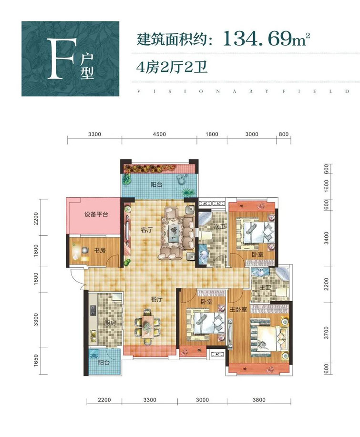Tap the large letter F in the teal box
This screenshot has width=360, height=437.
click(x=61, y=59)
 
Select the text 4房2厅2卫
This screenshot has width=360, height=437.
click(x=172, y=68)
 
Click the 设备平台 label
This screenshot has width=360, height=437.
click(x=96, y=214)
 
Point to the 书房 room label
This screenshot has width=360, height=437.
click(x=100, y=250)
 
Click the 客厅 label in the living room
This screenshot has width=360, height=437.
click(x=147, y=230)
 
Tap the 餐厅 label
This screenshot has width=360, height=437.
click(x=156, y=299)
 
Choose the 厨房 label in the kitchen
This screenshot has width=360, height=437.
click(x=110, y=323)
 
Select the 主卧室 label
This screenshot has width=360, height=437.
click(x=238, y=309)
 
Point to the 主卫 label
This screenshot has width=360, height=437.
click(x=265, y=287)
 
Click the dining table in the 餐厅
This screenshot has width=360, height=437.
click(x=147, y=325)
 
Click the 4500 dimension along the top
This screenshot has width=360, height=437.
click(x=159, y=134)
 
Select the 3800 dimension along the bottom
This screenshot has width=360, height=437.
click(x=259, y=400)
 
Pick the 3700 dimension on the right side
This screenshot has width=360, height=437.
click(x=327, y=333)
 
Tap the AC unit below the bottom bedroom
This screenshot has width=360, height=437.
click(x=217, y=355)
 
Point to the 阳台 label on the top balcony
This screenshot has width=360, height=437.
click(x=156, y=184)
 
